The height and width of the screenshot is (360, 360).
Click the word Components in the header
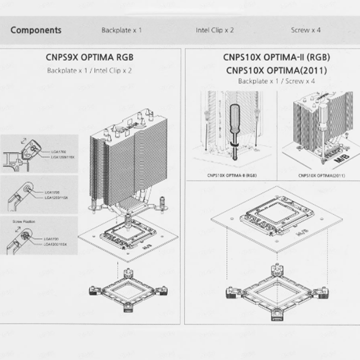pos(36,30)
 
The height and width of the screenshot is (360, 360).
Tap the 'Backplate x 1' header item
pos(121,30)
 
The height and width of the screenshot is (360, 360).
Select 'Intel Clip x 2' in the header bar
pos(214,30)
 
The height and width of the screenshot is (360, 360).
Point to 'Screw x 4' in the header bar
pos(305,30)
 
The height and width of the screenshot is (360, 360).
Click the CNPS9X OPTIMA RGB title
pos(89,57)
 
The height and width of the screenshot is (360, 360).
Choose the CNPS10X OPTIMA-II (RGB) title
pos(276,57)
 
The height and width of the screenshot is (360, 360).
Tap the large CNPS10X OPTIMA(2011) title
pos(276,70)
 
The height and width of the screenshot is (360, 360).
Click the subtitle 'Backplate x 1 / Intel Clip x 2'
pos(89,70)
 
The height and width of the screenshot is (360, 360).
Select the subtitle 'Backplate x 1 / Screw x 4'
pos(276,81)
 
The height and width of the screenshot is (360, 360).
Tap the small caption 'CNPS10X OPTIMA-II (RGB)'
pos(231,176)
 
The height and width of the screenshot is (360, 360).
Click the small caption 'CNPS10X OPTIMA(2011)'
pos(321,176)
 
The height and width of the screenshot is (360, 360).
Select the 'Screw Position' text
pos(23,221)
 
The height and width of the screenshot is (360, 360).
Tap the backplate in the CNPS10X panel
pos(276,292)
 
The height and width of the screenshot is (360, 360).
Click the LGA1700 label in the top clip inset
pos(58,151)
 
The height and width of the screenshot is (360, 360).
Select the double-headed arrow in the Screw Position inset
pos(18,229)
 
